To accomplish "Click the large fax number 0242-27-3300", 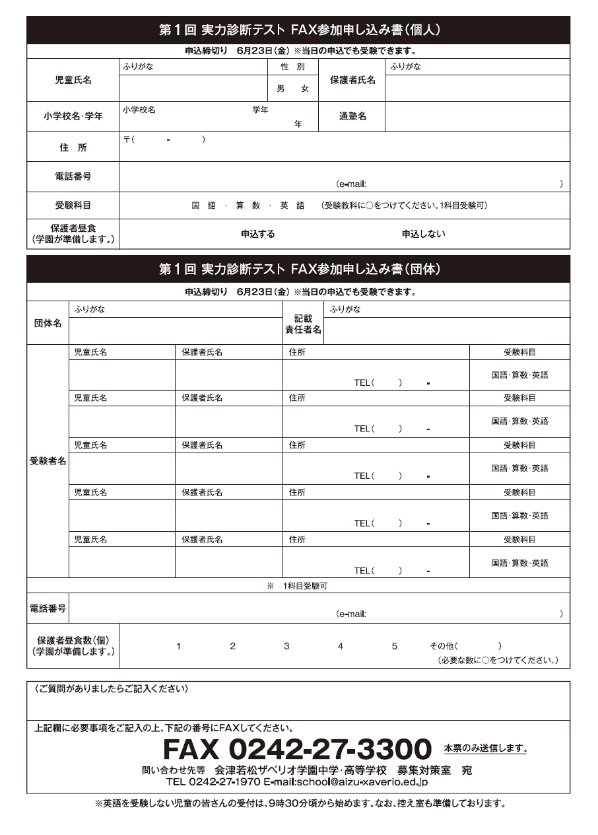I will point(297,749).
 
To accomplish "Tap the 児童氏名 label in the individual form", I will point(73,80).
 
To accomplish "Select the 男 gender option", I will point(281,89).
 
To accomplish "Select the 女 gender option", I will point(304,89).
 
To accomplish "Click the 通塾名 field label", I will point(352,116).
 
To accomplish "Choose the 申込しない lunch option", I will point(423,234).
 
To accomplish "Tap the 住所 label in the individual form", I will point(73,147).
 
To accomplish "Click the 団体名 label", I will point(48,323).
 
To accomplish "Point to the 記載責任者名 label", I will point(303,324).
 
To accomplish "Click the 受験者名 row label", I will point(48,461).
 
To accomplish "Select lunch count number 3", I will point(286,646).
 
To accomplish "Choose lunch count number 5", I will point(394,646).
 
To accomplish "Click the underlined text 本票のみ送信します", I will point(485,748).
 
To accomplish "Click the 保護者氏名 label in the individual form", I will point(352,80).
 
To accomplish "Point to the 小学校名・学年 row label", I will point(73,116).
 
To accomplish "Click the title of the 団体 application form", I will point(299,270).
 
